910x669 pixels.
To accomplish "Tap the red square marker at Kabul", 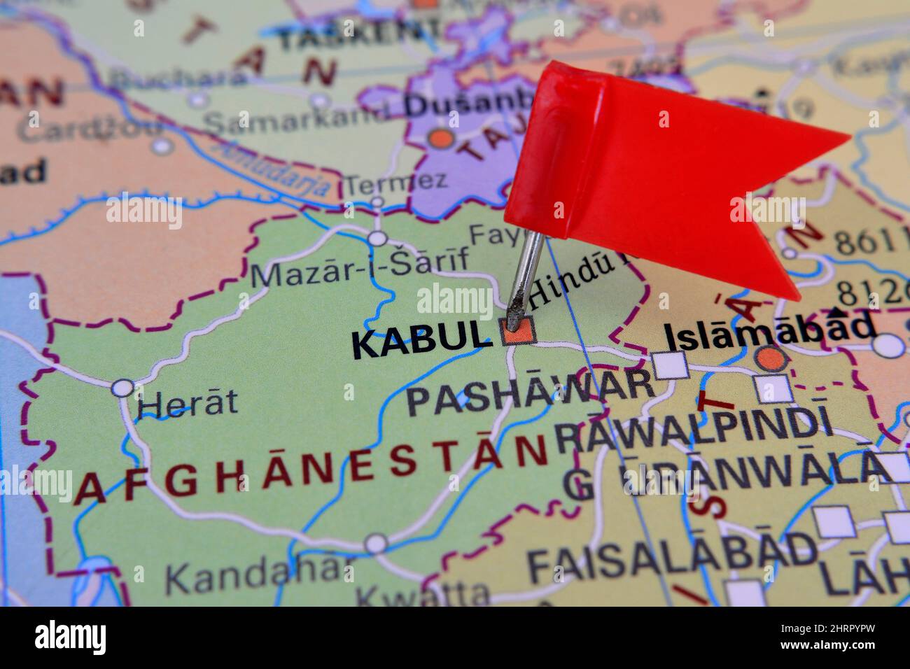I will click(518, 332).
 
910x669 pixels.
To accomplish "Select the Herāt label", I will click(187, 404).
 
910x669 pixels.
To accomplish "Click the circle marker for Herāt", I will click(123, 388).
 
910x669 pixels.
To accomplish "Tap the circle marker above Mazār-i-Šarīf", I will click(378, 239).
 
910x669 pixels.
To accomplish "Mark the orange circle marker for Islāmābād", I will click(771, 359).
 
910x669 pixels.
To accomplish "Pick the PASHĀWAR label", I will click(531, 400).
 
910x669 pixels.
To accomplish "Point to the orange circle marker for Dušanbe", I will click(442, 138).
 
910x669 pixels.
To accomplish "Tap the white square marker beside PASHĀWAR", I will click(670, 365).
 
